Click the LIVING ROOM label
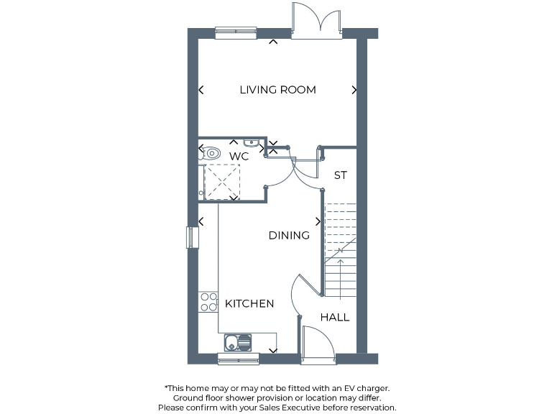277,90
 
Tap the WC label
239,156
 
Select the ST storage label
341,175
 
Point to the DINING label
289,235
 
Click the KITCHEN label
249,303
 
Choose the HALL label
335,317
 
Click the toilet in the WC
210,153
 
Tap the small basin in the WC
251,142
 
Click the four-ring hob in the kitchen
208,302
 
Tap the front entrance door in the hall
318,344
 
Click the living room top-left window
236,32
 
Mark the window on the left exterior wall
191,237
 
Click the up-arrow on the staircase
340,268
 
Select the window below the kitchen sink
238,359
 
